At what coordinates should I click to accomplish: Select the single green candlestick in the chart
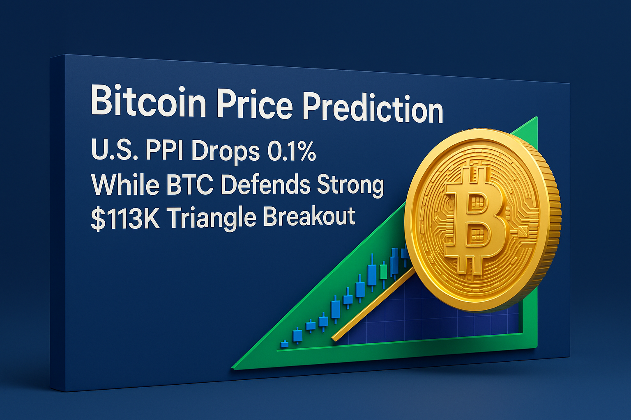click(x=383, y=272)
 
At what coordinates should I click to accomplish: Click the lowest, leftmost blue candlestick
click(x=285, y=344)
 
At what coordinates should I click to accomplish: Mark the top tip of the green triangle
click(x=537, y=117)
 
